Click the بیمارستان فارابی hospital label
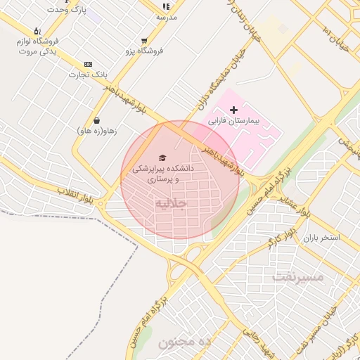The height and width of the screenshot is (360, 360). click(234, 121)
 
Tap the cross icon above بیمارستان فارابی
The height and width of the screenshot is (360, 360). click(234, 110)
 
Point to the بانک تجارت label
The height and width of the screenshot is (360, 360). click(89, 75)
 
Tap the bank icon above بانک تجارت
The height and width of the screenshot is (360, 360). click(88, 64)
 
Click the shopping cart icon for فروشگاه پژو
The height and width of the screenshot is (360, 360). click(144, 41)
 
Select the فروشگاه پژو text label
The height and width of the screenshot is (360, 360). click(144, 51)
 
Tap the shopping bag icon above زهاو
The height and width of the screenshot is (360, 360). click(96, 120)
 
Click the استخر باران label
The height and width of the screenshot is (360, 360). click(321, 238)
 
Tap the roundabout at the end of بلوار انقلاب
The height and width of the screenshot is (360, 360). click(101, 205)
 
